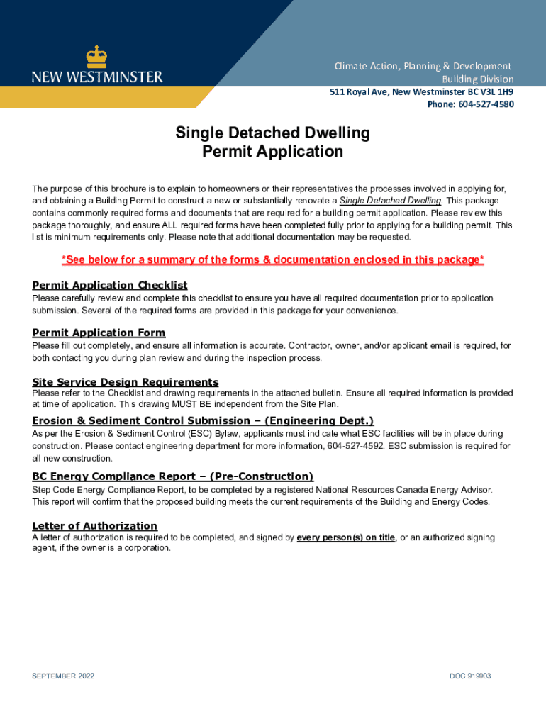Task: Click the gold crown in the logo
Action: point(96,57)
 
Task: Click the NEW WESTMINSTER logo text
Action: point(97,76)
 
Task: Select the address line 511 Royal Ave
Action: point(422,91)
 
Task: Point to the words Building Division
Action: point(478,79)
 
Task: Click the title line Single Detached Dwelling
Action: point(273,133)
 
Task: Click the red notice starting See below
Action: point(273,260)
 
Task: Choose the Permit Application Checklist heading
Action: point(110,285)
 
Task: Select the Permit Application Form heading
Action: point(99,333)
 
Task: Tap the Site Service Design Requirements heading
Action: point(126,382)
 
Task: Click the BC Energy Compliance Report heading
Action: point(172,476)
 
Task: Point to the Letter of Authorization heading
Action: point(94,525)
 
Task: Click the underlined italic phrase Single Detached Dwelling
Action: point(390,201)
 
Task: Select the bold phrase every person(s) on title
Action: point(346,537)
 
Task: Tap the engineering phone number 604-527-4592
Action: point(352,446)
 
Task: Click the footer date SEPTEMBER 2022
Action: point(63,676)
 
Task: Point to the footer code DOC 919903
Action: point(470,676)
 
